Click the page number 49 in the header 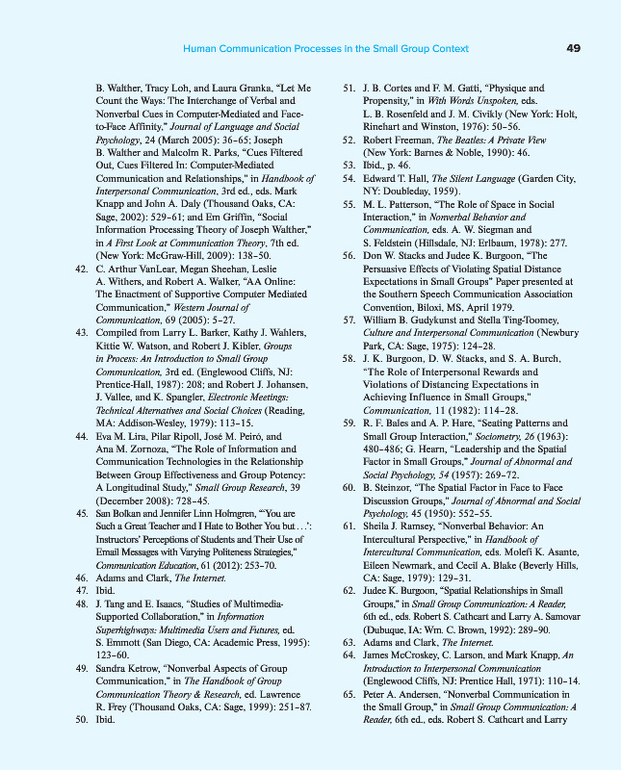(x=573, y=48)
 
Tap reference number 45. (x=82, y=514)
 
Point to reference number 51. (x=349, y=89)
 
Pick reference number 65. (x=349, y=693)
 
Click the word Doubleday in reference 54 (x=403, y=192)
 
